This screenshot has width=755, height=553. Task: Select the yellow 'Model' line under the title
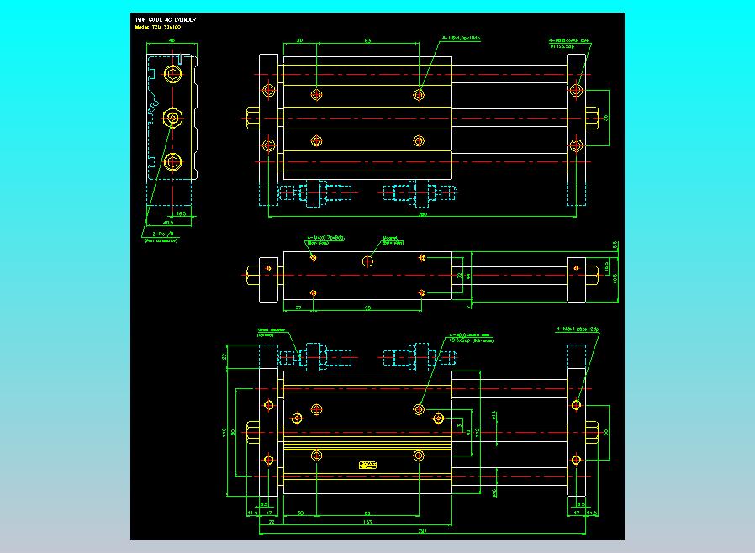(158, 27)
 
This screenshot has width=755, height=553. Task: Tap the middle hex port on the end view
(172, 117)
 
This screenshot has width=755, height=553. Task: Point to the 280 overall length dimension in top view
(423, 214)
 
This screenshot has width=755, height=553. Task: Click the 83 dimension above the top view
(367, 40)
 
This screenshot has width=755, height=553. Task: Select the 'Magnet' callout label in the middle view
(392, 240)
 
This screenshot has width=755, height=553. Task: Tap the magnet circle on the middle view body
(367, 261)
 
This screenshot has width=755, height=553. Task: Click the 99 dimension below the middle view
(367, 308)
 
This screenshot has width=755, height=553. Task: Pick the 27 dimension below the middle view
(298, 308)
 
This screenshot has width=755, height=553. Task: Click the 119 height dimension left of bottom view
(224, 433)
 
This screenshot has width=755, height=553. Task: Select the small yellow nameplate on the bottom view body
(367, 465)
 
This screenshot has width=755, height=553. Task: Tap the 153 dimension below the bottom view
(367, 522)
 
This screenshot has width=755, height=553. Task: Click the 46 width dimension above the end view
(172, 40)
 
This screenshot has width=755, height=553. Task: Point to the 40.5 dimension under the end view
(168, 224)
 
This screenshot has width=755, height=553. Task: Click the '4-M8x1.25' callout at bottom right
(578, 329)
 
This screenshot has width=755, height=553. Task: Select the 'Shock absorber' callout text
(272, 332)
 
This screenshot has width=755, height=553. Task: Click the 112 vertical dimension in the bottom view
(477, 433)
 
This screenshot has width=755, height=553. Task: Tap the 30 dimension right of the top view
(606, 118)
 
